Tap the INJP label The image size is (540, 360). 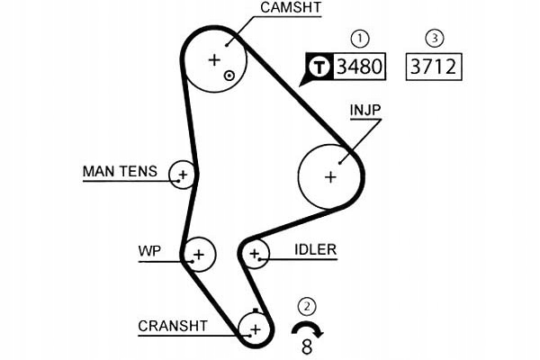click(x=366, y=111)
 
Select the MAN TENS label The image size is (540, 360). click(x=120, y=171)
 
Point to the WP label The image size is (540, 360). click(x=149, y=250)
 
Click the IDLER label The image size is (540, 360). click(x=315, y=249)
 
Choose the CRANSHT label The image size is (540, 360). click(x=173, y=326)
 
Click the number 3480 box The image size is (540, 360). click(x=359, y=66)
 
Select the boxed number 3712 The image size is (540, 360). click(x=435, y=66)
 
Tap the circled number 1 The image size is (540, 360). click(x=360, y=39)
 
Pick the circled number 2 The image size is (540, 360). click(x=308, y=306)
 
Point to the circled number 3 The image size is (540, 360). click(x=435, y=39)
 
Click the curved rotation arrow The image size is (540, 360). click(x=308, y=328)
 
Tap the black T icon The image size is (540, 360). click(x=319, y=66)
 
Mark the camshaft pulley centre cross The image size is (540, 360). click(x=214, y=59)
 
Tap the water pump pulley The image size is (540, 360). click(x=198, y=255)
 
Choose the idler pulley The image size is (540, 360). click(x=255, y=254)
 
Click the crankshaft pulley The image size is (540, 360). click(x=255, y=329)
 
